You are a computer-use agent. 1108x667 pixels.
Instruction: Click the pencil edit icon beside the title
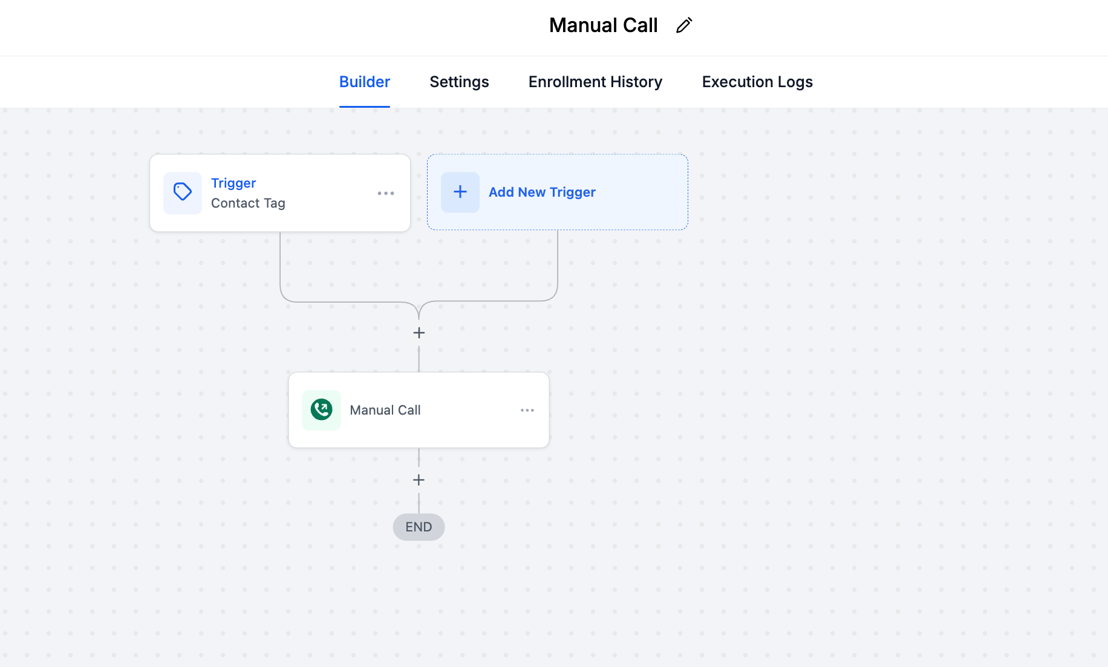point(684,25)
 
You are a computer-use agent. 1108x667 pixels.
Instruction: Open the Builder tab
point(365,82)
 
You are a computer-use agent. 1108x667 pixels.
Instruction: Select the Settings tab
point(459,82)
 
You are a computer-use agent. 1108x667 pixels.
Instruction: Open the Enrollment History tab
point(595,82)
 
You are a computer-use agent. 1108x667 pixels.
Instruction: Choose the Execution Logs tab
point(757,82)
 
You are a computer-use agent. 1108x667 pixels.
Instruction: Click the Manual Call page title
point(603,25)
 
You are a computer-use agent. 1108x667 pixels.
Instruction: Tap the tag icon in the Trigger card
point(183,192)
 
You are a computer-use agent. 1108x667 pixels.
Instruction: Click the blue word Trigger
point(233,183)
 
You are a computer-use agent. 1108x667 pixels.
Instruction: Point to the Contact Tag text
point(248,203)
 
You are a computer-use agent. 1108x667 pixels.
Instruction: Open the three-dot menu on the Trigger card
point(386,193)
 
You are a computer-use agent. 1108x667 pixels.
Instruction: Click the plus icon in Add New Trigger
point(460,192)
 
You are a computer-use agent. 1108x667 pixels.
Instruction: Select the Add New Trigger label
point(542,192)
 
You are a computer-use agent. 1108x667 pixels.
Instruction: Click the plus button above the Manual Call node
point(419,333)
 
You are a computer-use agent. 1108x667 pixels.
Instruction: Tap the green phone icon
point(321,410)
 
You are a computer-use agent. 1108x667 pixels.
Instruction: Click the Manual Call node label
point(385,410)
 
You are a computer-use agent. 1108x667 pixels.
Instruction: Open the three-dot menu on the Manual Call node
point(527,410)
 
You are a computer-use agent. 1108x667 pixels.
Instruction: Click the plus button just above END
point(419,480)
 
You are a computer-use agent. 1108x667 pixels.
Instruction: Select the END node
point(419,527)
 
